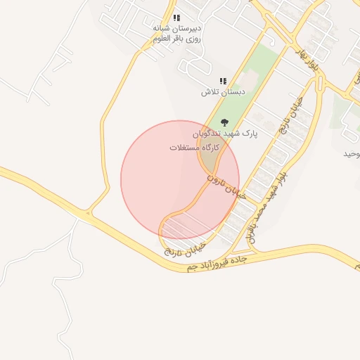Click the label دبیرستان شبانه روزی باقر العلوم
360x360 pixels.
tap(177, 33)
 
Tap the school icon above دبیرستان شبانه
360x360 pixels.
tap(176, 18)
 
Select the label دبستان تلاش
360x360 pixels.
tap(223, 92)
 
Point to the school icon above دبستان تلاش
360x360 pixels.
tap(223, 82)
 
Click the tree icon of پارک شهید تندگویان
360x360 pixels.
tap(224, 122)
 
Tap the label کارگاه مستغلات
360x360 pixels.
tap(195, 148)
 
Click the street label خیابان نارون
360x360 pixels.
tap(225, 186)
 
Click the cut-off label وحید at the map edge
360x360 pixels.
tap(352, 153)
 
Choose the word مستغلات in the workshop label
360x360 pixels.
tap(184, 148)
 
